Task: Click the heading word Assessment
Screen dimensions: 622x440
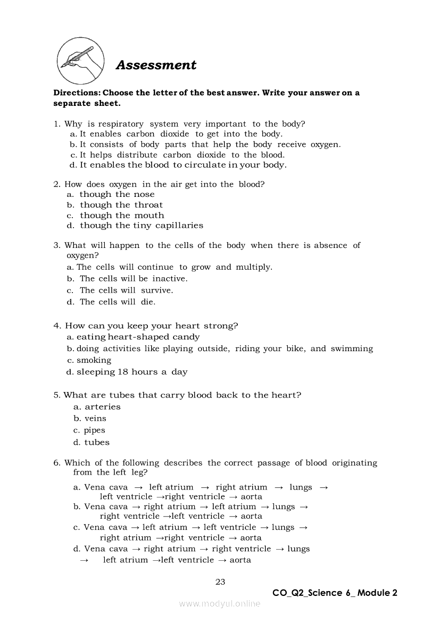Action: [x=156, y=65]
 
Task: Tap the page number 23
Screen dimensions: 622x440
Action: [x=220, y=582]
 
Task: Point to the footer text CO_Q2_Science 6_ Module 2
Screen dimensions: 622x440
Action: [x=335, y=593]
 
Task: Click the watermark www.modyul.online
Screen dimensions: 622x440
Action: [x=220, y=603]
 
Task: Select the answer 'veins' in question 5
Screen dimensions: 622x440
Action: [x=95, y=419]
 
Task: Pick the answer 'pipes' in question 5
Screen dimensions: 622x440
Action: [x=95, y=430]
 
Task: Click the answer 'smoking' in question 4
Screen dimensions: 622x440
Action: [x=94, y=360]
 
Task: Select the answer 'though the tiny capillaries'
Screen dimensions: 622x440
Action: [x=142, y=226]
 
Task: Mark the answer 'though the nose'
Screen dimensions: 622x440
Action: [x=117, y=194]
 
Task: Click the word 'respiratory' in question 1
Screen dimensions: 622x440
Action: [x=121, y=124]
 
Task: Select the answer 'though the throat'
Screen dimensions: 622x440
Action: [x=121, y=205]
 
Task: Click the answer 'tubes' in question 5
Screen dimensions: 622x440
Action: [x=97, y=443]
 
